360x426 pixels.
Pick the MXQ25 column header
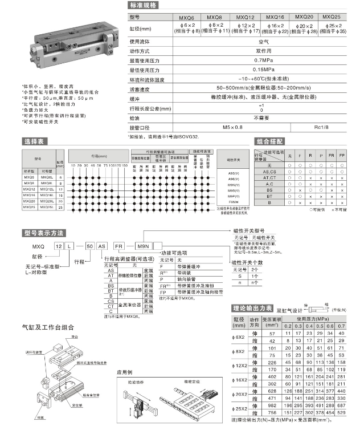(332, 18)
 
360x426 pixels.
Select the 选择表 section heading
(34, 140)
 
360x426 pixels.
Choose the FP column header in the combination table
(342, 156)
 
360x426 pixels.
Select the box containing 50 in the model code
(89, 244)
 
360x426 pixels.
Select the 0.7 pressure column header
(342, 326)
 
